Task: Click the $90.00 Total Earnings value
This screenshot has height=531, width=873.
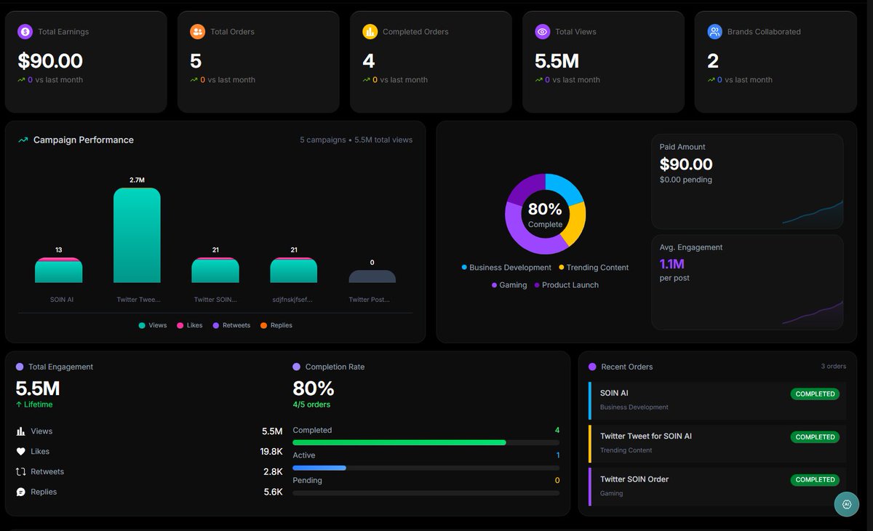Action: pyautogui.click(x=50, y=61)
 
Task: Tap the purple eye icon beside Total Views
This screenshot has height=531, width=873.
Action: pyautogui.click(x=542, y=31)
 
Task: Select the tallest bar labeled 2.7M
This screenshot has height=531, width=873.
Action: pyautogui.click(x=137, y=235)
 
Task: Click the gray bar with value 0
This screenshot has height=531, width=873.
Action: pyautogui.click(x=372, y=276)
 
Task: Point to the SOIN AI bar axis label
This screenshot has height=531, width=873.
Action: pyautogui.click(x=62, y=299)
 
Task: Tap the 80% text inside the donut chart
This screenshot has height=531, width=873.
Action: pyautogui.click(x=545, y=209)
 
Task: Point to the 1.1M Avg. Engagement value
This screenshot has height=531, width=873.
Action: pyautogui.click(x=671, y=264)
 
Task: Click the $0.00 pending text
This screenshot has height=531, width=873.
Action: pyautogui.click(x=685, y=180)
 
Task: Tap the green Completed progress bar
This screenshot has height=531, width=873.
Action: pyautogui.click(x=399, y=442)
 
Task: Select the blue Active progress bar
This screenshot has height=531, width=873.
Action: pyautogui.click(x=319, y=468)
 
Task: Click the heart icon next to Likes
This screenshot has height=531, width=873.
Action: pyautogui.click(x=21, y=452)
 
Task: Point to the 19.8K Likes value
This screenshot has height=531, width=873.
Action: pyautogui.click(x=271, y=452)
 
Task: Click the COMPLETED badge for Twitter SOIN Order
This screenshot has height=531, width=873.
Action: pyautogui.click(x=815, y=480)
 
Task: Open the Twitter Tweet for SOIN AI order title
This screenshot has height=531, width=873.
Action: pyautogui.click(x=645, y=436)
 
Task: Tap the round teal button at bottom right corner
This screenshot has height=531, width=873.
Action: pyautogui.click(x=846, y=504)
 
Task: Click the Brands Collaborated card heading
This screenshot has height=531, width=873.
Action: pyautogui.click(x=763, y=32)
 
